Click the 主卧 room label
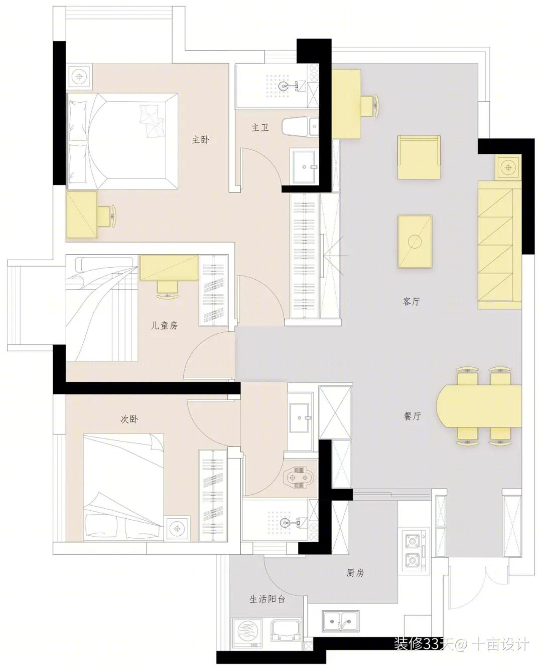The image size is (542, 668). tap(200, 139)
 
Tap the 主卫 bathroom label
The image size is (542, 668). tap(259, 128)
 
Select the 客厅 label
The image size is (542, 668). tap(411, 301)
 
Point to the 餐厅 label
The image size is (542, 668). tap(412, 416)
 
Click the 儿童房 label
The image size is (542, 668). tap(164, 325)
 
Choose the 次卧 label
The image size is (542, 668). tap(129, 419)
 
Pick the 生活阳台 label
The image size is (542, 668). tap(267, 599)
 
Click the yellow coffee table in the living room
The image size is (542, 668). tap(415, 242)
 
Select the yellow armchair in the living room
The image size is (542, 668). tap(419, 157)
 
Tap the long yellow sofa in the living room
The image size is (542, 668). tap(500, 245)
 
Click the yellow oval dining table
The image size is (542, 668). tap(479, 406)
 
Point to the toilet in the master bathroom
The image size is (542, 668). tap(300, 126)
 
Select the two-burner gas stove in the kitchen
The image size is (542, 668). tap(413, 549)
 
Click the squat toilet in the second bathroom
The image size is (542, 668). tap(298, 478)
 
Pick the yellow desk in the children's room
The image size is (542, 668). tap(169, 268)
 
